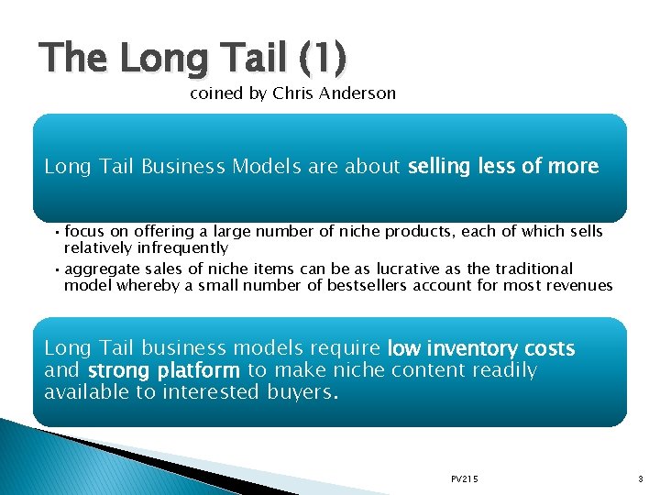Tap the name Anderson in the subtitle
[359, 93]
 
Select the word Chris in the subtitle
[293, 93]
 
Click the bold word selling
[440, 167]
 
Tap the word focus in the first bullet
[84, 232]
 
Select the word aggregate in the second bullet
[101, 269]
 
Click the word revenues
[578, 285]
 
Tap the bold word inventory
[467, 348]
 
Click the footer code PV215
[465, 479]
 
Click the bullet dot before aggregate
[57, 269]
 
